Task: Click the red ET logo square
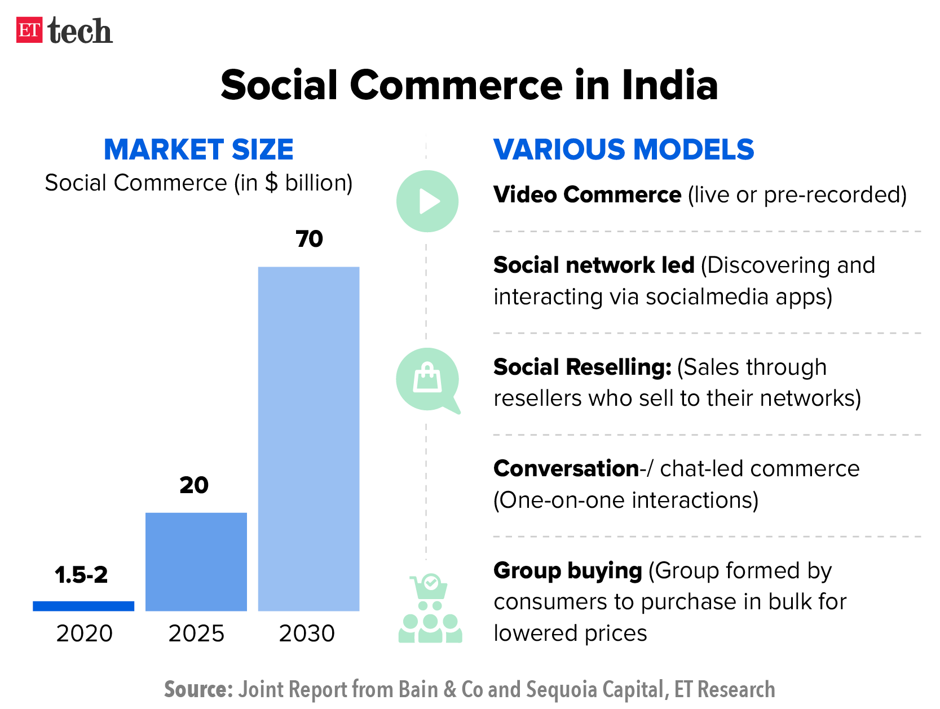[29, 30]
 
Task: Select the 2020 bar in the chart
[83, 606]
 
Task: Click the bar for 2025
[196, 561]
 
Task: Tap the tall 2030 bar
[308, 438]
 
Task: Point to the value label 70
[309, 239]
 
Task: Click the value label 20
[194, 485]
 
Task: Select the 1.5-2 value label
[81, 575]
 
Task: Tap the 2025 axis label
[196, 633]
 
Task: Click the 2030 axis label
[307, 633]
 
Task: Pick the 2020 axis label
[85, 633]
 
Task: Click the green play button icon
[427, 201]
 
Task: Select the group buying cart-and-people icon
[430, 609]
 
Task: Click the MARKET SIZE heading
[198, 149]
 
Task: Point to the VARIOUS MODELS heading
[624, 149]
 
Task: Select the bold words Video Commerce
[587, 194]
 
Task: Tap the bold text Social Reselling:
[582, 367]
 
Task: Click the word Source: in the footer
[198, 689]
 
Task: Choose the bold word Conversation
[566, 468]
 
